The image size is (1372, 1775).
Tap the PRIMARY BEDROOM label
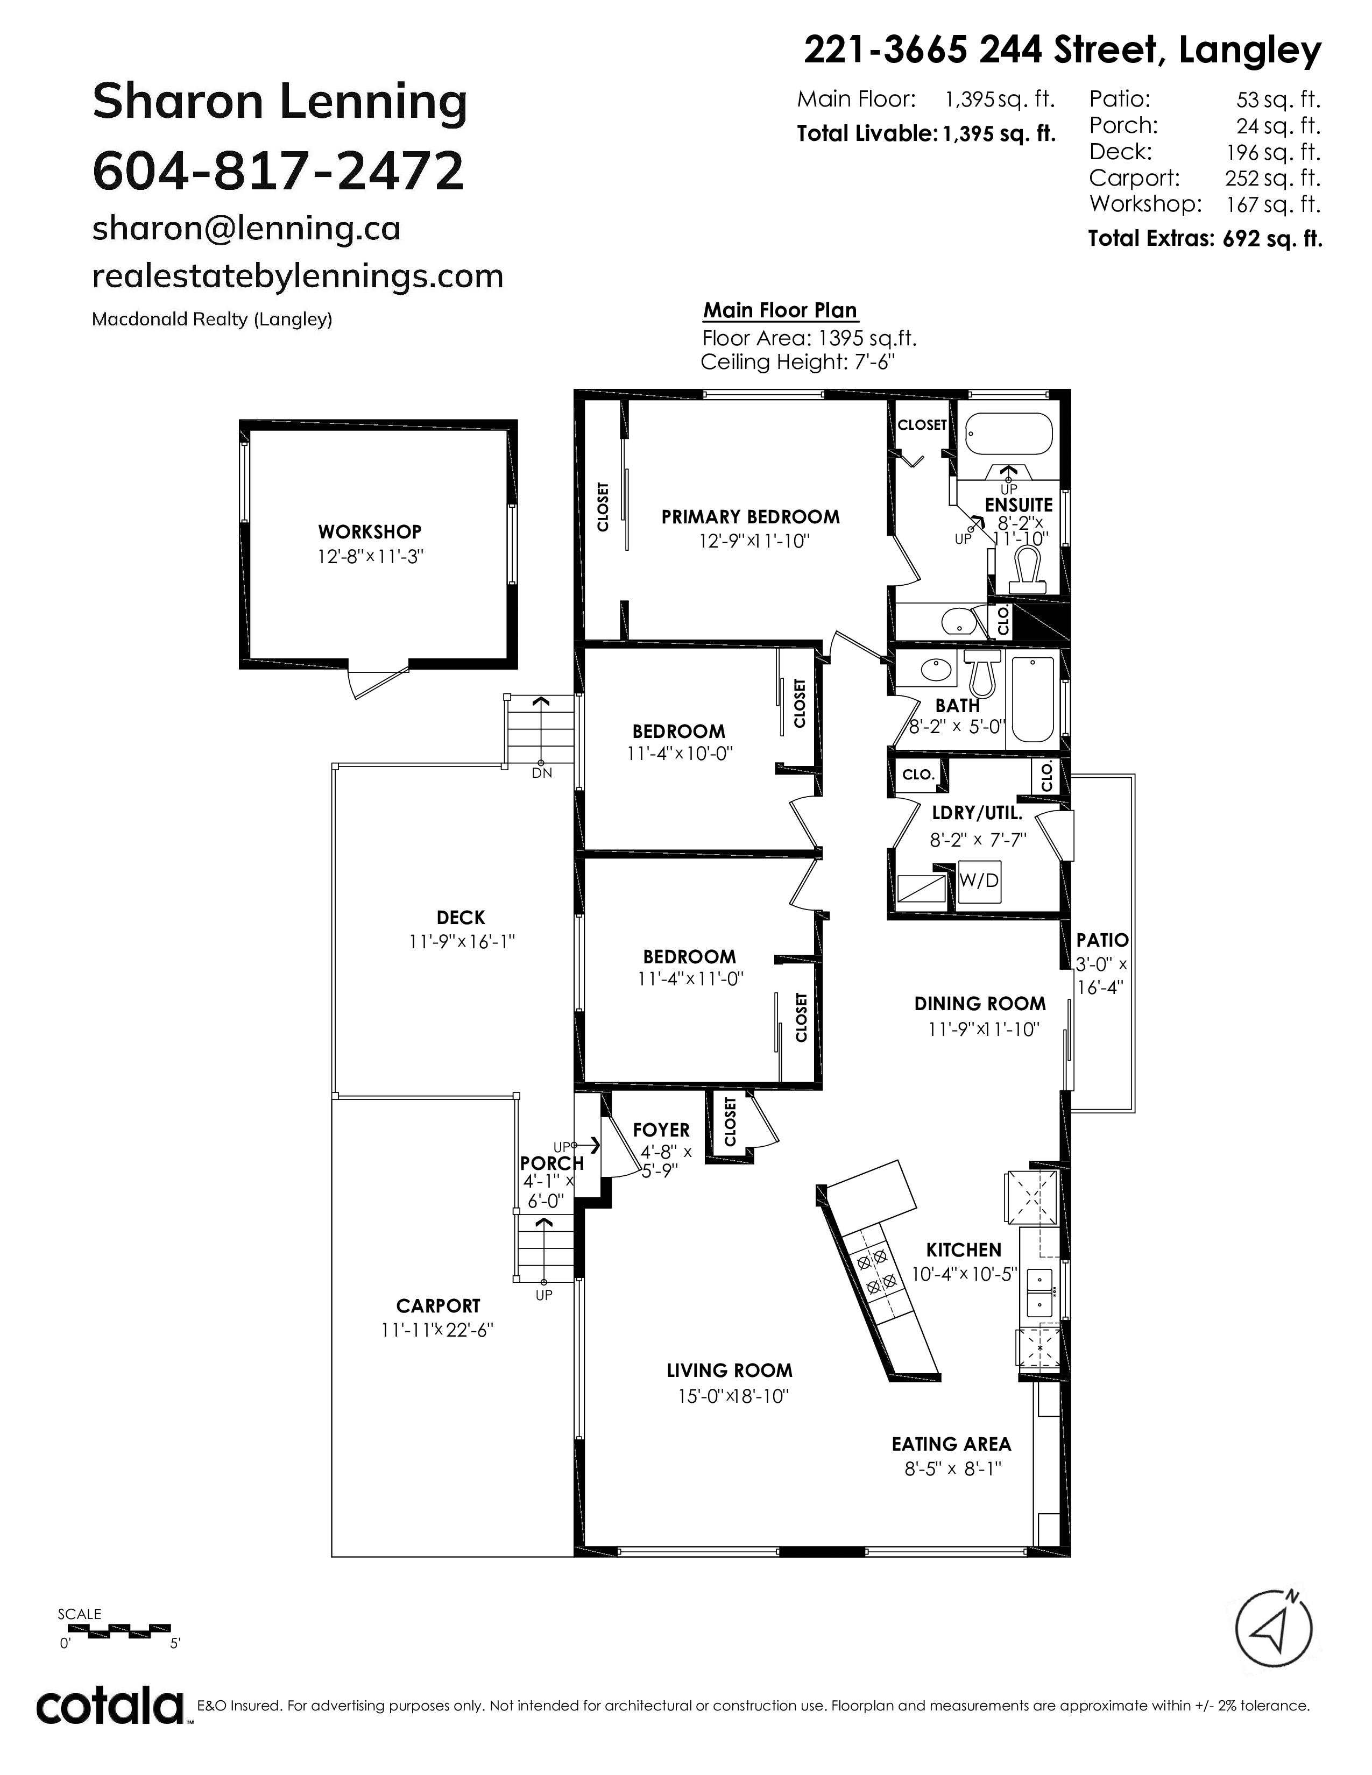point(750,517)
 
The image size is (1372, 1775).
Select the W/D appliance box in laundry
point(979,880)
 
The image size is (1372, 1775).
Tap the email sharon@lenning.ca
point(246,229)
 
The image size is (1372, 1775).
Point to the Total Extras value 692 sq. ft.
point(1273,238)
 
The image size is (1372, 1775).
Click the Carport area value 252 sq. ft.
point(1273,178)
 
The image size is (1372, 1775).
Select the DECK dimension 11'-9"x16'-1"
point(462,942)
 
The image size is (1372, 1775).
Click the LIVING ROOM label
point(729,1371)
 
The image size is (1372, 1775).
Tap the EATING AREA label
point(951,1444)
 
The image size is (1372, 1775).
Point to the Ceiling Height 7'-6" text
point(797,361)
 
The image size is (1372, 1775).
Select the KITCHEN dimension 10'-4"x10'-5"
point(964,1274)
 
